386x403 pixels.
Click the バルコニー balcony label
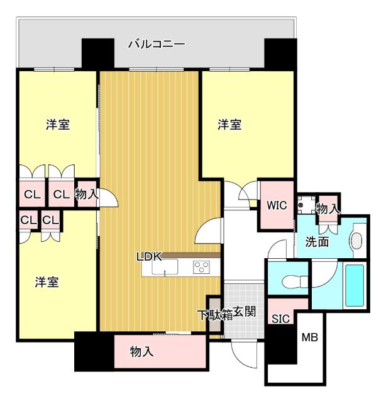[x=157, y=44]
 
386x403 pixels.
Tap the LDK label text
[x=151, y=256]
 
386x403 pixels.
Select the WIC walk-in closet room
[x=277, y=205]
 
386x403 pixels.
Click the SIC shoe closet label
[x=280, y=319]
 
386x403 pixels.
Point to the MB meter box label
[x=309, y=338]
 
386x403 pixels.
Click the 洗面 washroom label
[x=317, y=242]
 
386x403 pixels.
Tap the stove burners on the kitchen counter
[x=201, y=267]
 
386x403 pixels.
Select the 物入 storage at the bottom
[x=142, y=351]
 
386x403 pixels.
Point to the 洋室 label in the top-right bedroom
[x=229, y=125]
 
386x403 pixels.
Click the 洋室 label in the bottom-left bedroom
[x=47, y=283]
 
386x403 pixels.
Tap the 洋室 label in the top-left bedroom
[x=57, y=125]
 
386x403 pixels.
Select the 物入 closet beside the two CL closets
[x=87, y=195]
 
